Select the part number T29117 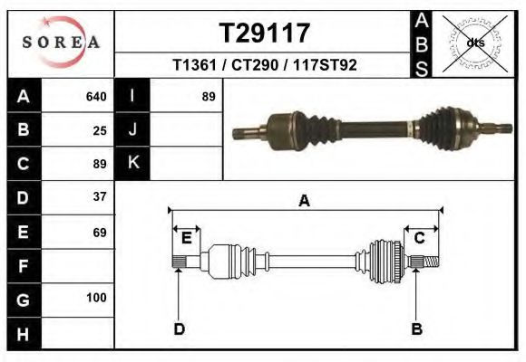click(x=265, y=33)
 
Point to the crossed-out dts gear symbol click(x=475, y=43)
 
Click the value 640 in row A click(x=96, y=96)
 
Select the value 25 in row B click(x=100, y=130)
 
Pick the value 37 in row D click(x=100, y=196)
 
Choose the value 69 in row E click(x=100, y=233)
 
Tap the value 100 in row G click(x=96, y=298)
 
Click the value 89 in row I click(x=208, y=96)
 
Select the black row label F click(x=23, y=266)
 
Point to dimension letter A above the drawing click(x=304, y=202)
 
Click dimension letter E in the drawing click(x=186, y=238)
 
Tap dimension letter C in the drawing click(x=420, y=238)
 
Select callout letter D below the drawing click(x=179, y=329)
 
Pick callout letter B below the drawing click(x=417, y=329)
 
